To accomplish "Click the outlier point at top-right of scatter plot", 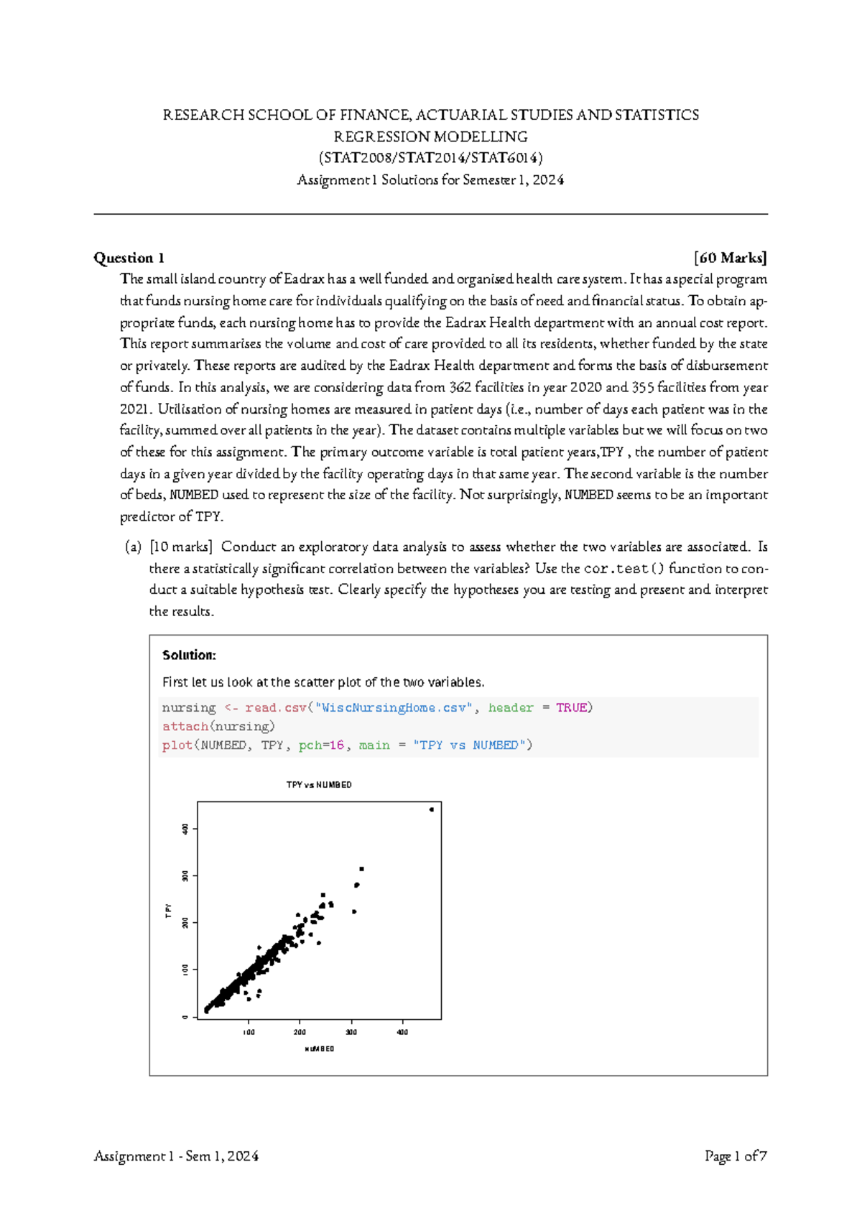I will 432,809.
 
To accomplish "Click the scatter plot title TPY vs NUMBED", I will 319,785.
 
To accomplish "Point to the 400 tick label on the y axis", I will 185,829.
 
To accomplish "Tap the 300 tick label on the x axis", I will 351,1032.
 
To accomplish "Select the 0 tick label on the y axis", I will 185,1017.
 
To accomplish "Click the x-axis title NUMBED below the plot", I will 320,1049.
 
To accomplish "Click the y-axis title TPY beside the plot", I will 169,911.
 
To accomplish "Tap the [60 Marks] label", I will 731,258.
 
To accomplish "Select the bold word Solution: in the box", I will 189,655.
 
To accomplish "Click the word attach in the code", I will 185,727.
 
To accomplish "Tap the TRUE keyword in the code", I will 571,708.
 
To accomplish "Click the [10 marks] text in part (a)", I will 180,547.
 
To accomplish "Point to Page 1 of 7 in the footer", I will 736,1156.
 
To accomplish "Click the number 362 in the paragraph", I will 460,388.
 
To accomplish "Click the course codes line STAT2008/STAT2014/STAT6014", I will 431,158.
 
